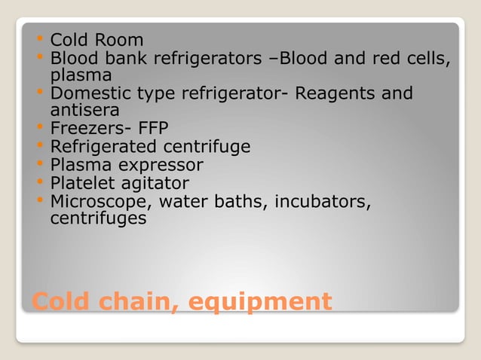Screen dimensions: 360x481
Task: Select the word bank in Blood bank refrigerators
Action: [124, 58]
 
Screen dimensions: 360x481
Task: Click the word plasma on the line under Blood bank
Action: [81, 75]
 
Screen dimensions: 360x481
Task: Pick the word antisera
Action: [84, 111]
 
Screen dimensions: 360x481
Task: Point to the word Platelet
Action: [81, 182]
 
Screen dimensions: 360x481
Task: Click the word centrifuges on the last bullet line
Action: [98, 218]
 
